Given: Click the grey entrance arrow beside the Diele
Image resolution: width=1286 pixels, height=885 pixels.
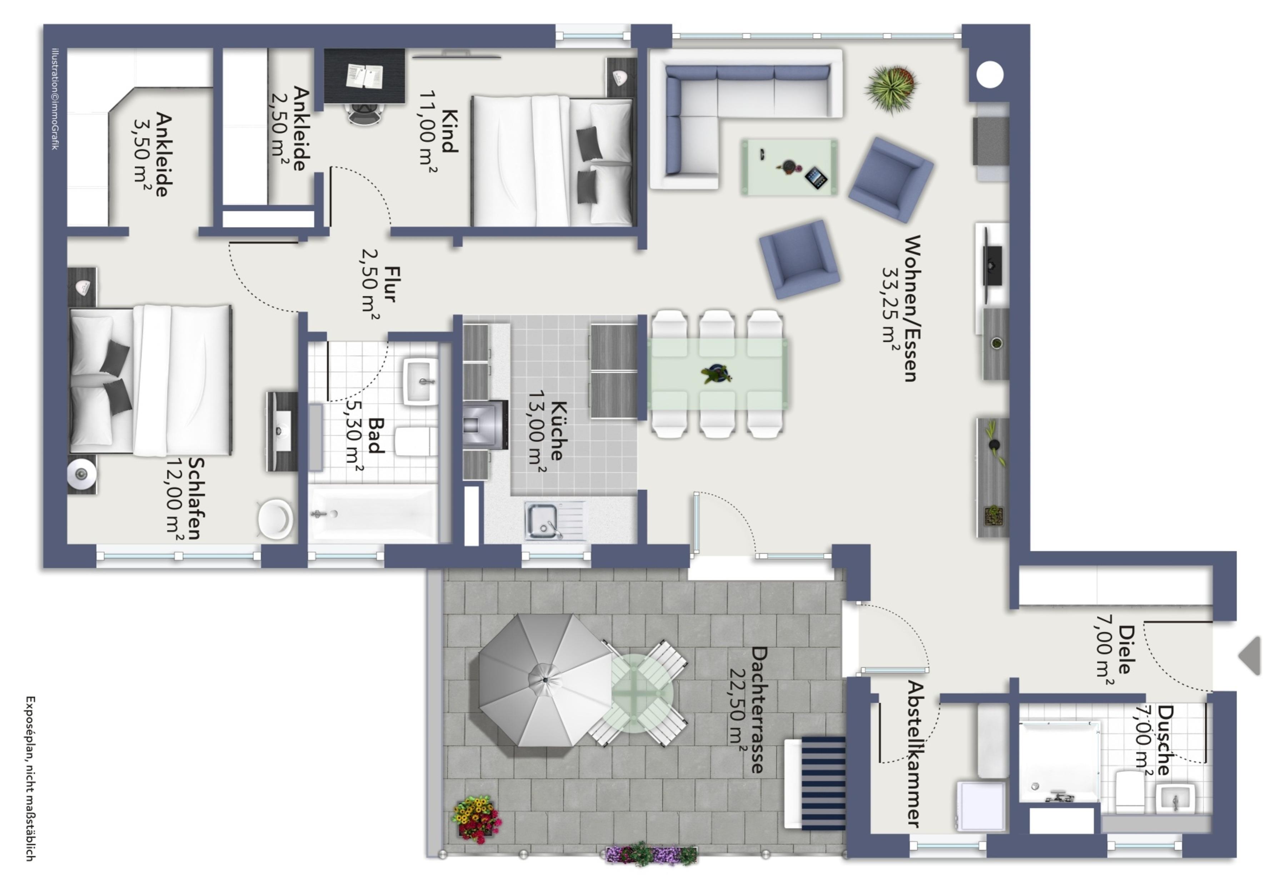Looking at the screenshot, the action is (1251, 655).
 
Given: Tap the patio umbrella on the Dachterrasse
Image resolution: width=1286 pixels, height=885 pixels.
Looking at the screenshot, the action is (545, 680).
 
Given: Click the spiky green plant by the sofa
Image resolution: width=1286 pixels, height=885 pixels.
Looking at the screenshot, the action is (891, 88).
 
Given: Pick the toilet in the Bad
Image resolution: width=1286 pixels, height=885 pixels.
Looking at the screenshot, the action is (416, 441).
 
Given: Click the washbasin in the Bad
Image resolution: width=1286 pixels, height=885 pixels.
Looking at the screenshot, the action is (420, 381).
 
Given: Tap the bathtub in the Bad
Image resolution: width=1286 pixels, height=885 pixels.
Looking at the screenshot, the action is (373, 513).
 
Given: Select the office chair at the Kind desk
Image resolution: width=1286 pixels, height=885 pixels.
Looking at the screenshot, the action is (365, 114).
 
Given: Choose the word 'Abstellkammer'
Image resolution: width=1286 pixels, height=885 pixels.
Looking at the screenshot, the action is (916, 754).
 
